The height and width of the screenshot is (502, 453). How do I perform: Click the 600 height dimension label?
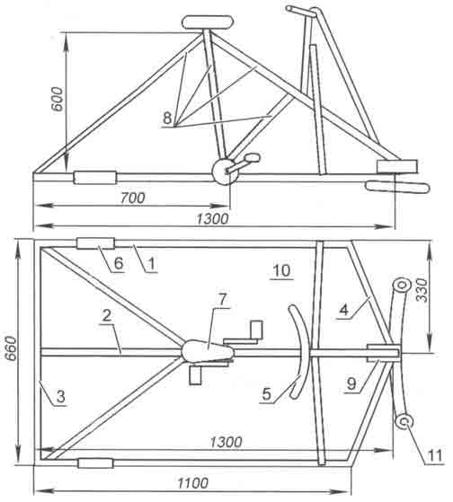point(58,99)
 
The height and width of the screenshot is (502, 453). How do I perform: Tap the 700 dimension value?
point(133,198)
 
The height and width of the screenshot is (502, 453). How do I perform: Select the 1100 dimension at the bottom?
point(193,482)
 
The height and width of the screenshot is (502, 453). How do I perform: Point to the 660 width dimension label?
point(13,348)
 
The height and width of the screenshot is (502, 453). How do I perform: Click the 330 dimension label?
point(422,290)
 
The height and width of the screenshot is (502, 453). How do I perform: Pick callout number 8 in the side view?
point(167,118)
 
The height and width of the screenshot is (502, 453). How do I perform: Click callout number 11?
point(436,455)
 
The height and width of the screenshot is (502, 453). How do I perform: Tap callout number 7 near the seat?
point(222,300)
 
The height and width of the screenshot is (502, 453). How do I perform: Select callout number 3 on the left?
point(60,396)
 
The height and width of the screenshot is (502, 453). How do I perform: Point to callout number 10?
point(282,271)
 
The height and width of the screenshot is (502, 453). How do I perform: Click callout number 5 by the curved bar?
point(267,394)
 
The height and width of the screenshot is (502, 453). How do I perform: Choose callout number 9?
point(351,383)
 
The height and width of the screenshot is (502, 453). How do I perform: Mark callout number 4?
point(343,310)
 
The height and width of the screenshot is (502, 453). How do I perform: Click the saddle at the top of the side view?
point(207,22)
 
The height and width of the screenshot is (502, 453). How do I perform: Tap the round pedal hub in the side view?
point(225,172)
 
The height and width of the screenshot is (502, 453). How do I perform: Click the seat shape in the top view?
point(208,350)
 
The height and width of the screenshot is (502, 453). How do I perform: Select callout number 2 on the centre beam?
point(107,315)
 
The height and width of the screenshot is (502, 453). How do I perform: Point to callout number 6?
point(119,263)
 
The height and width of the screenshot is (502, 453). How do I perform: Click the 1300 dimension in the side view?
point(212,219)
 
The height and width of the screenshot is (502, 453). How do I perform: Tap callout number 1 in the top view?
point(152,264)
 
